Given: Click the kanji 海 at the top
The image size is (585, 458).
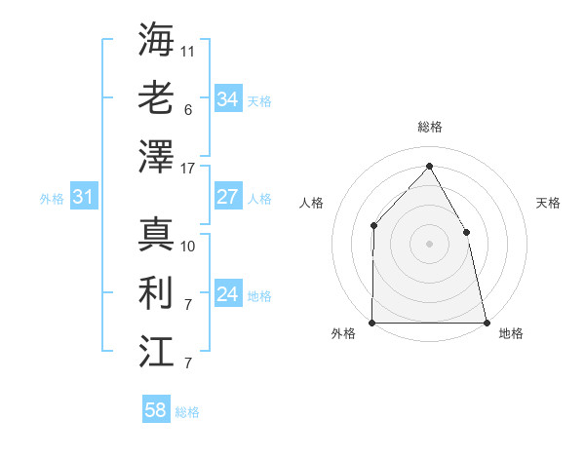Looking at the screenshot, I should (156, 40).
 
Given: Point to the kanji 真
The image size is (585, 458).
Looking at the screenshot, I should (156, 235).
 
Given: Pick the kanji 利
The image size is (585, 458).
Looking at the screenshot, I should (156, 293).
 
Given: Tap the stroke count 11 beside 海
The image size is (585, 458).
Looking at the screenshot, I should (188, 51).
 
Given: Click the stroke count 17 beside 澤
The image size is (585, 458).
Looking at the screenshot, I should (188, 169).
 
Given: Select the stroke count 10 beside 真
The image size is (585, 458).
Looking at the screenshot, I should (188, 246).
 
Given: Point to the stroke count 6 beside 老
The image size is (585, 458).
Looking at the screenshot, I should (187, 110).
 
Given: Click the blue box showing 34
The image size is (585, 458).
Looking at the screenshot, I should (227, 99).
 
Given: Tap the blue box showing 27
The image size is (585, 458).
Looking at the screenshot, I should (227, 197).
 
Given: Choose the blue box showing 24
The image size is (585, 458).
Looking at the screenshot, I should (227, 294).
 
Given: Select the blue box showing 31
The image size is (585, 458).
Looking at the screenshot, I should (83, 198).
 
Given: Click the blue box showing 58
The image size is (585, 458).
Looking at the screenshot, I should (155, 410).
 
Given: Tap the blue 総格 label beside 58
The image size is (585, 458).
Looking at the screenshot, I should (187, 412).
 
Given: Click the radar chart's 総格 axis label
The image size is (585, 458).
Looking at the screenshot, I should (429, 127).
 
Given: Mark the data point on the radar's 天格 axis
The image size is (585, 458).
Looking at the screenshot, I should (466, 232).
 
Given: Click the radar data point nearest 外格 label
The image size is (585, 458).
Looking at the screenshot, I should (372, 323).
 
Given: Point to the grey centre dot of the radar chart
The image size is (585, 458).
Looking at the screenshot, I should (429, 244).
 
